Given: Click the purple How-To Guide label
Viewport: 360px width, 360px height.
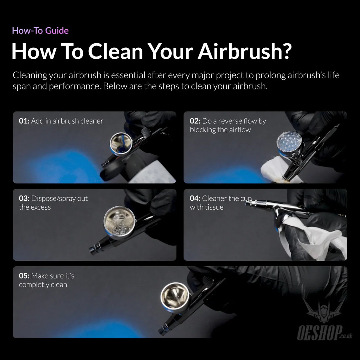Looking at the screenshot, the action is click(40, 31).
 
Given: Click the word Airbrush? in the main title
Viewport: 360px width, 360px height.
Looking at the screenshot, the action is click(245, 51).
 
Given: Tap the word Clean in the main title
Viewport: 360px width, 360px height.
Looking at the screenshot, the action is click(115, 51).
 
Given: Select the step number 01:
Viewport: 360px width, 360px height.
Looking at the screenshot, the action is click(24, 121).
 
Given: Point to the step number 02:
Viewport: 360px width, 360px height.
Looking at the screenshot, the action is click(195, 121).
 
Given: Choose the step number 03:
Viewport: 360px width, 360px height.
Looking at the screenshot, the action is click(24, 198).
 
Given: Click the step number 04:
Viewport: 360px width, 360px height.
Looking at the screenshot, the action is click(195, 198).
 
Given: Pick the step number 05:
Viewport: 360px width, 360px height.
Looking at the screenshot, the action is click(24, 276).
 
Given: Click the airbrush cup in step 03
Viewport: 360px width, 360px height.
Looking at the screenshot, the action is click(120, 223).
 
